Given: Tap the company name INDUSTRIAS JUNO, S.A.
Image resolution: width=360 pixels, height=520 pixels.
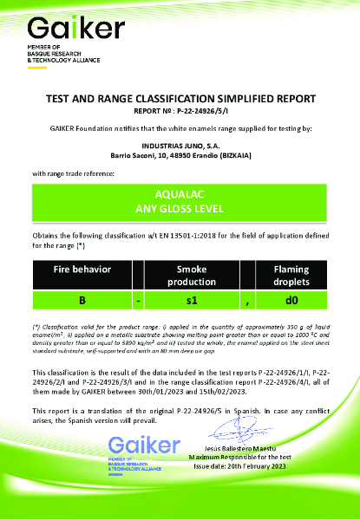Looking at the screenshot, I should (x=180, y=145).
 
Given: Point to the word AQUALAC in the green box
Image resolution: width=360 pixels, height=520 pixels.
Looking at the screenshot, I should (x=180, y=194).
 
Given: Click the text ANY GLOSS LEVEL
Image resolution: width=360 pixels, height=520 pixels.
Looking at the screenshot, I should (x=180, y=208).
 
